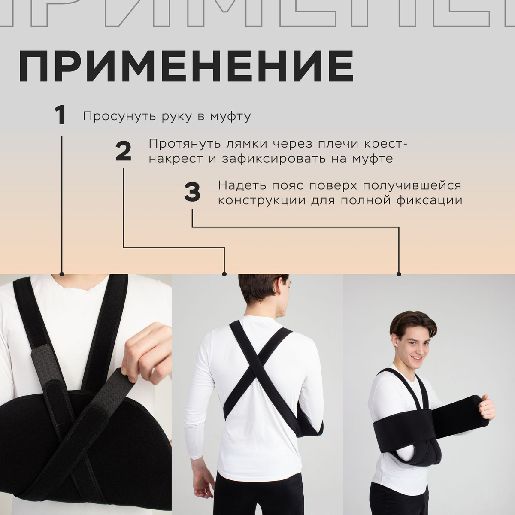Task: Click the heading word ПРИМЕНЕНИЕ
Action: [x=186, y=66]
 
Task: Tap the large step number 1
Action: [x=60, y=115]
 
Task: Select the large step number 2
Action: [x=123, y=151]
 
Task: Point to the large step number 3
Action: [x=192, y=192]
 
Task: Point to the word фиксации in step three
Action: [x=429, y=201]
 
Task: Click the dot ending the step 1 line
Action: [x=62, y=274]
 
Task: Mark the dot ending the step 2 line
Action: [x=224, y=274]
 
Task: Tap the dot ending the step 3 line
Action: [x=399, y=274]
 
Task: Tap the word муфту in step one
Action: [x=230, y=117]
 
